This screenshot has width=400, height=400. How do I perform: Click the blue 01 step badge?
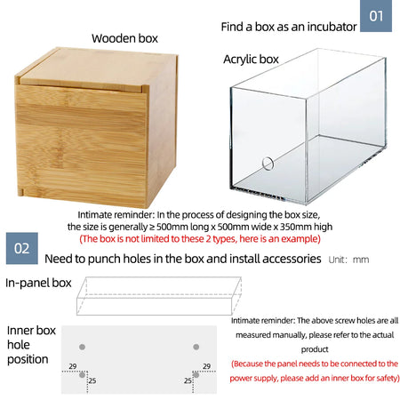[x=376, y=16]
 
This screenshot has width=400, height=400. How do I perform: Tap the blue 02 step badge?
[x=22, y=248]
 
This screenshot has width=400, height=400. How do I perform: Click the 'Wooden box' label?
[x=124, y=38]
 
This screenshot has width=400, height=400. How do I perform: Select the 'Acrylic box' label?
[x=251, y=60]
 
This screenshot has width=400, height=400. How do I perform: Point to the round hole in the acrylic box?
[x=268, y=164]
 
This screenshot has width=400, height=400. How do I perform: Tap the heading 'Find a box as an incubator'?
[x=289, y=27]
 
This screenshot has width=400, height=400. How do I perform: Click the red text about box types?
[x=200, y=239]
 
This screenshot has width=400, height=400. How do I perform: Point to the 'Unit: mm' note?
[x=348, y=260]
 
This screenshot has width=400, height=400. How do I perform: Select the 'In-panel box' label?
[x=38, y=283]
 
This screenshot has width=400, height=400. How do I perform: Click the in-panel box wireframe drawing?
[x=159, y=296]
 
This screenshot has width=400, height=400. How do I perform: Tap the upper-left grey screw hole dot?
[x=82, y=347]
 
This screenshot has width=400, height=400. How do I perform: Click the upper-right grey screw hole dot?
[x=196, y=347]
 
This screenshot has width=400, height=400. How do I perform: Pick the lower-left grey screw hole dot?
[x=82, y=375]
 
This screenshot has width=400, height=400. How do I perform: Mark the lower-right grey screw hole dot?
[x=196, y=375]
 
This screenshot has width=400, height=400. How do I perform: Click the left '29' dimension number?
[x=73, y=366]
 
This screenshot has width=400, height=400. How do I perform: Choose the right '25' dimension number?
[x=188, y=380]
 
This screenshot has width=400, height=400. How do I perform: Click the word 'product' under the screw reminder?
[x=315, y=349]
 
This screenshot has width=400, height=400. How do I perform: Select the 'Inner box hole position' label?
[x=31, y=345]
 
